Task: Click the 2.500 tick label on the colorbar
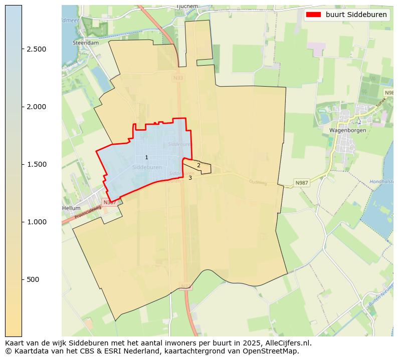37,49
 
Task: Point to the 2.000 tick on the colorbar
37,107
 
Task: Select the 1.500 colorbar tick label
37,164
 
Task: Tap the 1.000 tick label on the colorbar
37,222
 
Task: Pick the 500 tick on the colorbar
33,279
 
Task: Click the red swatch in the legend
313,15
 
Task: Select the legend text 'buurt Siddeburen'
356,15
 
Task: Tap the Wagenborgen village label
347,130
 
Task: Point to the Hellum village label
71,208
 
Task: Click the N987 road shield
302,183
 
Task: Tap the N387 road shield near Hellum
109,202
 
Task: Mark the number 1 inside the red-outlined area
146,157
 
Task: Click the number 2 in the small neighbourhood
198,165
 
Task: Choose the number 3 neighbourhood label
190,178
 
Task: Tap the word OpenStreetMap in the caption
271,351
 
